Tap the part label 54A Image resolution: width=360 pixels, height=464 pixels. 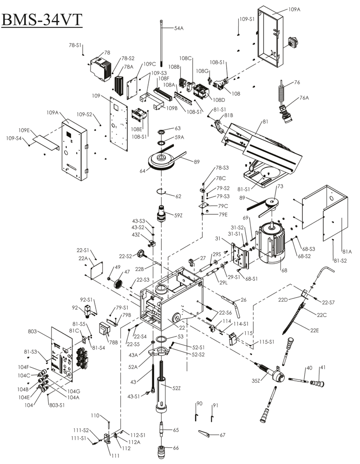point(179,28)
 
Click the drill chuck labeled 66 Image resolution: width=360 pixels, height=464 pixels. point(162,451)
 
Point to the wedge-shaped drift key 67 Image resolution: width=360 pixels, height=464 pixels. point(204,433)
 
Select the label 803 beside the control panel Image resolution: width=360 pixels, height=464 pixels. point(32,331)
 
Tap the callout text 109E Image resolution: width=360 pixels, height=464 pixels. point(24,131)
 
